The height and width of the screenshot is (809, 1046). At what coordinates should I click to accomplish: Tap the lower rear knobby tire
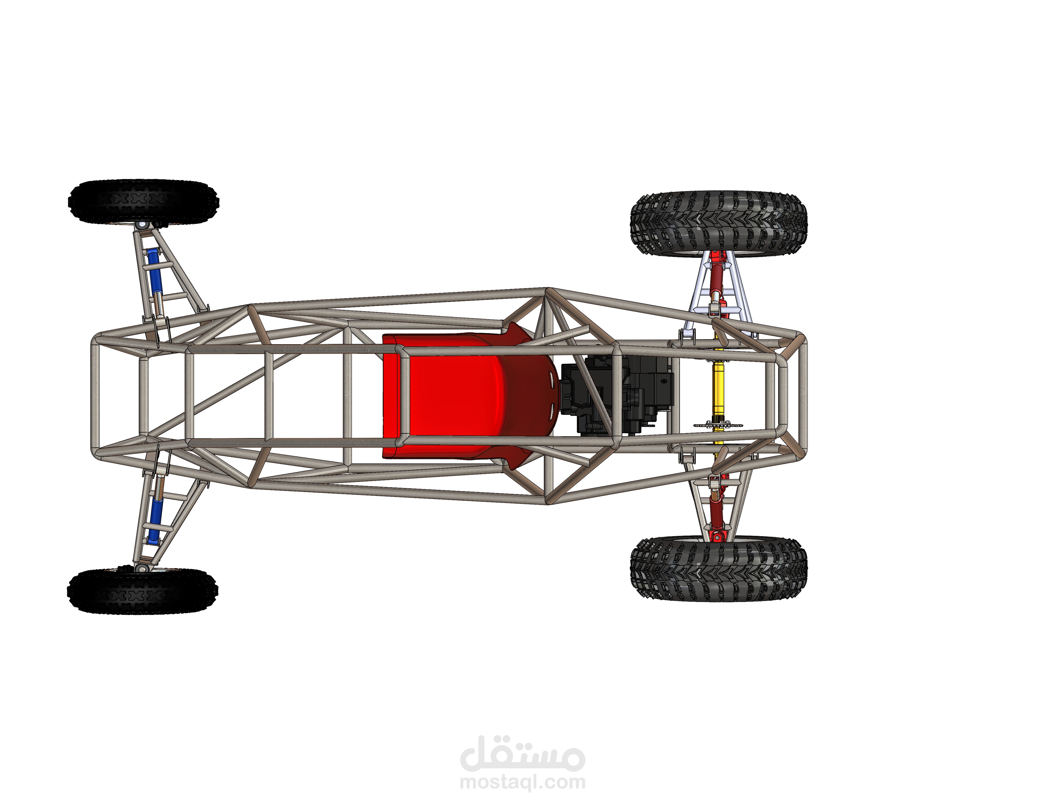point(718,569)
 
